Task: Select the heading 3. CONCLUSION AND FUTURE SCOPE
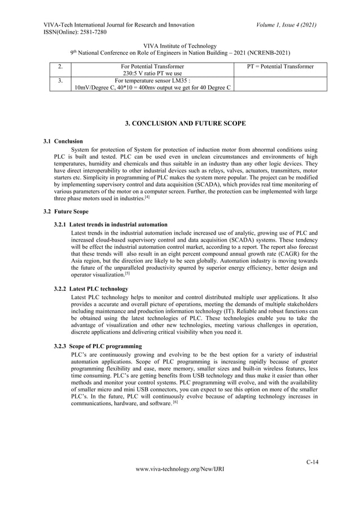tap(180, 124)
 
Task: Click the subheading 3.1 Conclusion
tap(64, 141)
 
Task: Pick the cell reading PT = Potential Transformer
tap(280, 67)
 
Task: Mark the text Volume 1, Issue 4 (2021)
tap(283, 25)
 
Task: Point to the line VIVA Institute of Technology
tap(180, 46)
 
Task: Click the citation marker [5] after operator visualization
tap(127, 274)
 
